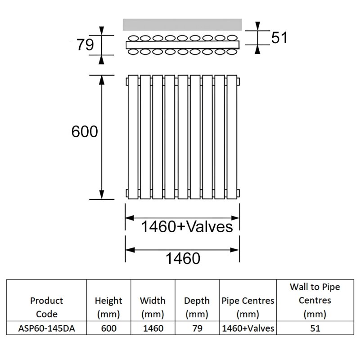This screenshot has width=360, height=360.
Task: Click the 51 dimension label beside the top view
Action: [279, 38]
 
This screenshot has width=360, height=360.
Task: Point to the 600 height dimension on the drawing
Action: [85, 132]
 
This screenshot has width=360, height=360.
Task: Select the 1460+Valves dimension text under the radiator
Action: [187, 226]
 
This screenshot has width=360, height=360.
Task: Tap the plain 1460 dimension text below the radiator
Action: [182, 258]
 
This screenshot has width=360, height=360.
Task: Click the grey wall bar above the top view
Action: [182, 24]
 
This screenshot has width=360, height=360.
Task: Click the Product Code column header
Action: [47, 307]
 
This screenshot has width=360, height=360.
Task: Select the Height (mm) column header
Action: [108, 307]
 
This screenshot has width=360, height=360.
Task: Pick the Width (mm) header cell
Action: [153, 307]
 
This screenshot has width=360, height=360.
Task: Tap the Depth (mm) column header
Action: [197, 307]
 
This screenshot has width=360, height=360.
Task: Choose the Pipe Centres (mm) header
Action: [247, 307]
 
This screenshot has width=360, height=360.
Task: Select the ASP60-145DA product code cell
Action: [47, 328]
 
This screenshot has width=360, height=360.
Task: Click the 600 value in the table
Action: [108, 328]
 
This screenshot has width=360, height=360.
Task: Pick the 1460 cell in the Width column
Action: [153, 328]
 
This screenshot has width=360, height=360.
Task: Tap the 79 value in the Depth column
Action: [197, 328]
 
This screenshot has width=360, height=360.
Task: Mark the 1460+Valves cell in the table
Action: [247, 328]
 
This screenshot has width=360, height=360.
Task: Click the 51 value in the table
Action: [315, 328]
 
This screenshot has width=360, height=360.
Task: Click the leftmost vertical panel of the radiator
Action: [133, 136]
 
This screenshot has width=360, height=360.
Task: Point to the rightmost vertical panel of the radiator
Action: [232, 136]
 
